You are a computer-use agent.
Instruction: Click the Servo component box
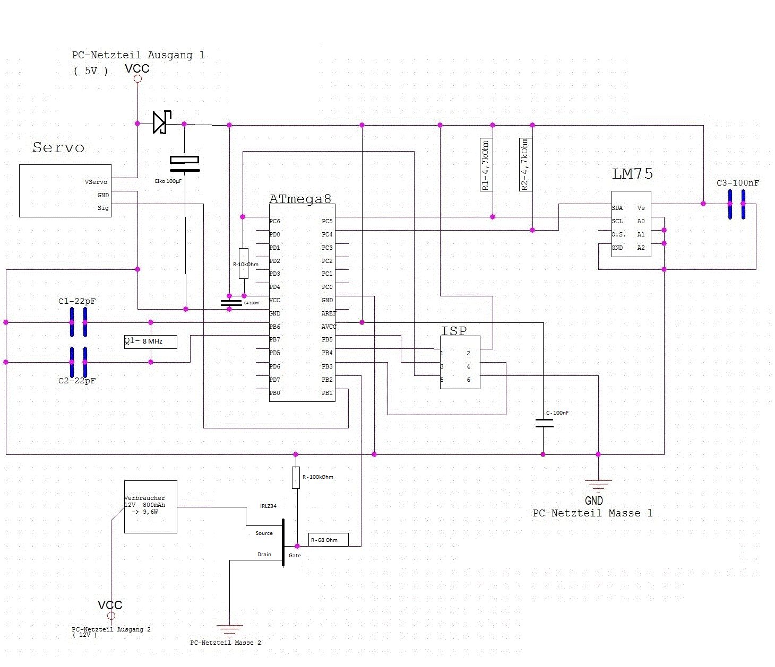(x=65, y=191)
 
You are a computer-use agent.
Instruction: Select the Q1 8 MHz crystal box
(x=150, y=342)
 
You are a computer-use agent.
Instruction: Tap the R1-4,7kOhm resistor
(x=486, y=165)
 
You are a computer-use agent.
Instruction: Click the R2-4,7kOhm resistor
(x=526, y=164)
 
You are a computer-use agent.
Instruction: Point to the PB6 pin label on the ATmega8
(x=274, y=327)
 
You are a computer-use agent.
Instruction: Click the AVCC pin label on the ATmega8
(x=329, y=327)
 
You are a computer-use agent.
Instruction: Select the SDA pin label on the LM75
(x=617, y=208)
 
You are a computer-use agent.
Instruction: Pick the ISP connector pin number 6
(x=468, y=380)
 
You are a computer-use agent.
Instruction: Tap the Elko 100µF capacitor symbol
(x=184, y=164)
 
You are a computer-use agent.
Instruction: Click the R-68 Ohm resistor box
(x=329, y=540)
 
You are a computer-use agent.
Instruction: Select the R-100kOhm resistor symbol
(x=296, y=477)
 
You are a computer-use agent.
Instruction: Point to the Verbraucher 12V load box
(x=150, y=507)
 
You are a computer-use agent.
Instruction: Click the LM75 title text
(x=632, y=174)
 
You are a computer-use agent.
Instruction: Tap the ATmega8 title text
(x=300, y=199)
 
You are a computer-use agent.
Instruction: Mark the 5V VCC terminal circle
(x=137, y=79)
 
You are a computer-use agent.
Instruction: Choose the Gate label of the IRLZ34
(x=295, y=555)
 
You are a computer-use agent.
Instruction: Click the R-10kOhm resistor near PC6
(x=243, y=263)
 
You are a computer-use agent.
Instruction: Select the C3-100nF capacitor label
(x=737, y=183)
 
